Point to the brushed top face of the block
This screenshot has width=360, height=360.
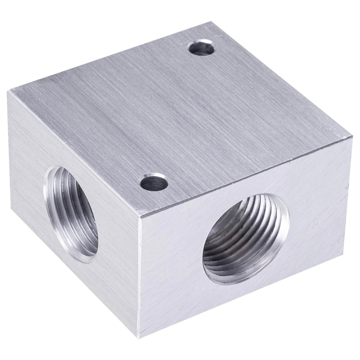click(x=173, y=108)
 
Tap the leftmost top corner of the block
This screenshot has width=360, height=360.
click(x=8, y=91)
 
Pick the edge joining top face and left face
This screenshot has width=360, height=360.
click(x=72, y=153)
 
